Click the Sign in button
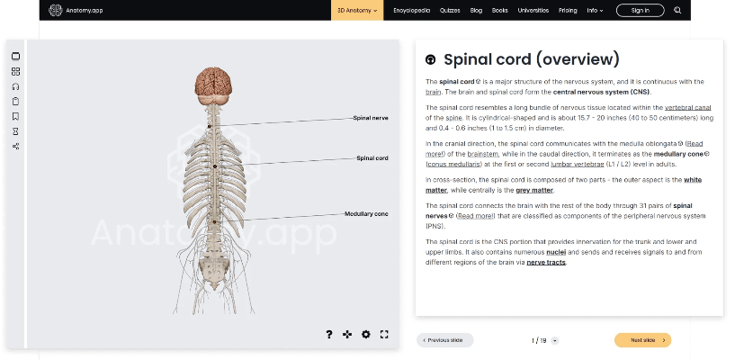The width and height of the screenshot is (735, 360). [x=640, y=10]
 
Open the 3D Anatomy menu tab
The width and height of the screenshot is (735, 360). [x=357, y=10]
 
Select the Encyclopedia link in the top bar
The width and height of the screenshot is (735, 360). [x=409, y=10]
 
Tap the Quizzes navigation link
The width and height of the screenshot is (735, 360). [x=450, y=10]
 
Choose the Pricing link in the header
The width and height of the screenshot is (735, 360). [x=568, y=10]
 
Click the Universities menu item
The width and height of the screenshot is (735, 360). [x=533, y=10]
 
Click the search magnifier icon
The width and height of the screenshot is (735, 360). [x=677, y=10]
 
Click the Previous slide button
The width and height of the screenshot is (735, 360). [x=445, y=340]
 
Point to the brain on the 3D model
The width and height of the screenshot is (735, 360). [x=215, y=84]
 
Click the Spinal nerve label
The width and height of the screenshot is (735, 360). [x=371, y=118]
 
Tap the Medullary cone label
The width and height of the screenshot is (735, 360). [x=367, y=213]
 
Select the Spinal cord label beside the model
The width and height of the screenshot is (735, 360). [x=372, y=158]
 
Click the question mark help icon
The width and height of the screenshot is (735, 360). [x=329, y=334]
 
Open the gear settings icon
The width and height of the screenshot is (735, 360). [x=366, y=334]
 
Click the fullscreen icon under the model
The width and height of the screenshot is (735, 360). [x=384, y=334]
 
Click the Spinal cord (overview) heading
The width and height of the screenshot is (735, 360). [x=532, y=59]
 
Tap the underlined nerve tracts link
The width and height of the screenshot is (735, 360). [x=546, y=262]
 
